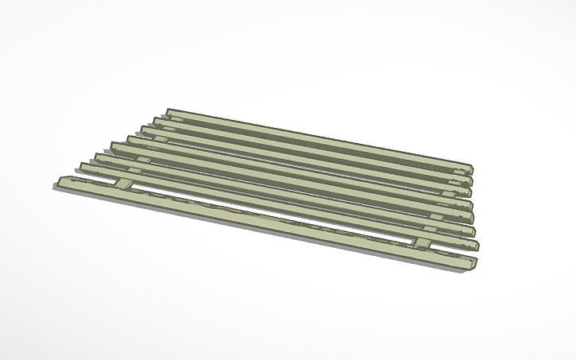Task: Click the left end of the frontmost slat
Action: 62,184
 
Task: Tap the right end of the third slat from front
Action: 474,231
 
